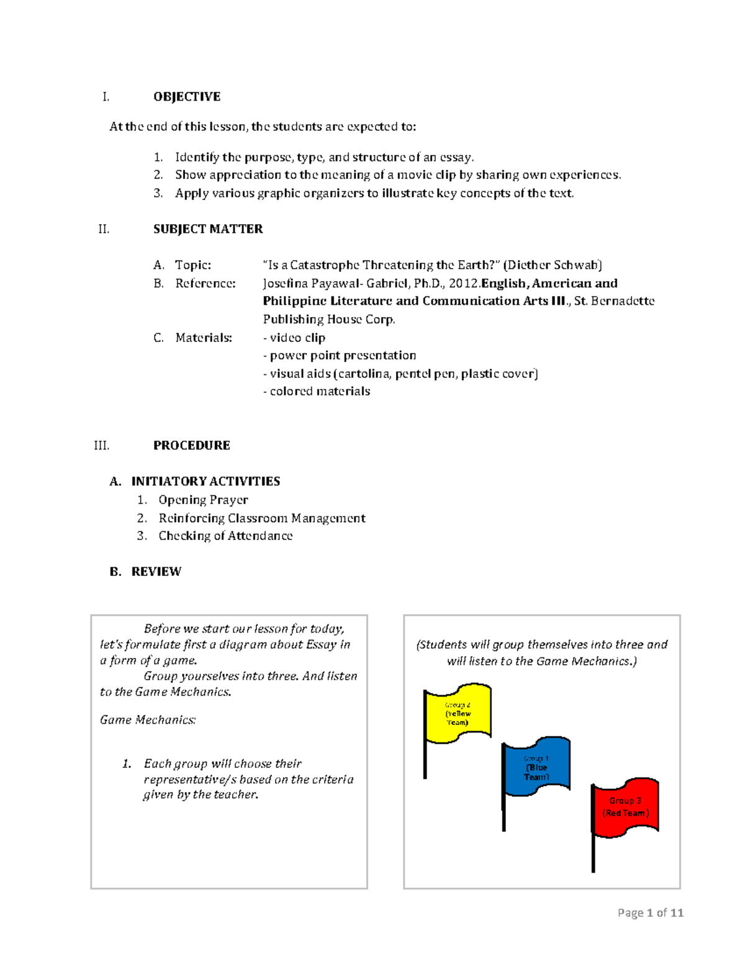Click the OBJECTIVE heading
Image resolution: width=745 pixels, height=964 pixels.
pyautogui.click(x=187, y=97)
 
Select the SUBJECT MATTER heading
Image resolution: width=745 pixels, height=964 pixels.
pyautogui.click(x=208, y=229)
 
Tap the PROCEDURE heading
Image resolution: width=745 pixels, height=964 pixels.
pyautogui.click(x=191, y=446)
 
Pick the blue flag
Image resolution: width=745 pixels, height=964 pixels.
pyautogui.click(x=536, y=767)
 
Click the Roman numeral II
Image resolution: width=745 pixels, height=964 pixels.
pyautogui.click(x=104, y=229)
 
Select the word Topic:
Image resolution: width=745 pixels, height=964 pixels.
pyautogui.click(x=193, y=265)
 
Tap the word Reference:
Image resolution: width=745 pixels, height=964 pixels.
pyautogui.click(x=205, y=284)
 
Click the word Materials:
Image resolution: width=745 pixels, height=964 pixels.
pyautogui.click(x=204, y=338)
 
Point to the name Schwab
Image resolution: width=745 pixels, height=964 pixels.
pyautogui.click(x=577, y=265)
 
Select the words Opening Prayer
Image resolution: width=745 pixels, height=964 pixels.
pyautogui.click(x=203, y=500)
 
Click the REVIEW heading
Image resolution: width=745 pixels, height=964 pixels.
pyautogui.click(x=156, y=572)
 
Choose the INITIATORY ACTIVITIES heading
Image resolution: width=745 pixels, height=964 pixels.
pyautogui.click(x=205, y=482)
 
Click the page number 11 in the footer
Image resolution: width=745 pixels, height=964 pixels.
pyautogui.click(x=677, y=912)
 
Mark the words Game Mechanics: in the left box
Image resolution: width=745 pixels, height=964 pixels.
pyautogui.click(x=148, y=720)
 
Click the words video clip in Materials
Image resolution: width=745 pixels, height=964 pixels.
pyautogui.click(x=297, y=338)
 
